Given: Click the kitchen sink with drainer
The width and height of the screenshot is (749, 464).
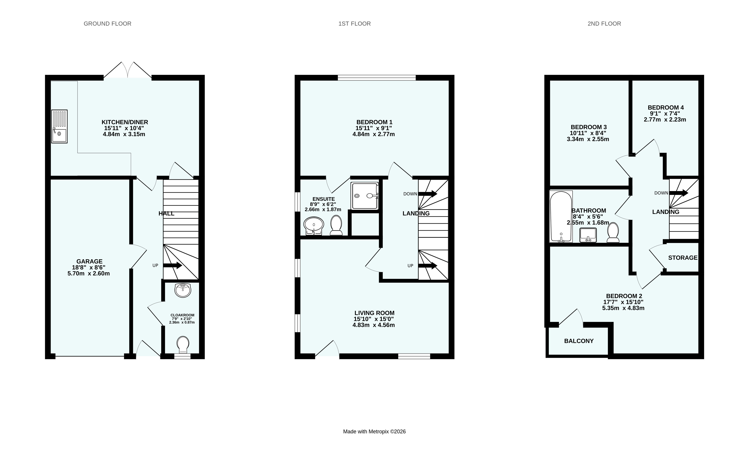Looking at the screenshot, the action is (x=59, y=126).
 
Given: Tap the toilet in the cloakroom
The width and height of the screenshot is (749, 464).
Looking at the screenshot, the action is (x=183, y=345).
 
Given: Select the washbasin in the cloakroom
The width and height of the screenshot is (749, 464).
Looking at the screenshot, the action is (x=183, y=290).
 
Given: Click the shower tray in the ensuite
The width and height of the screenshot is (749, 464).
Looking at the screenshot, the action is (x=365, y=196).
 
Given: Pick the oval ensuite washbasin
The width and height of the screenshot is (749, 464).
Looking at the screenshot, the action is (x=314, y=226).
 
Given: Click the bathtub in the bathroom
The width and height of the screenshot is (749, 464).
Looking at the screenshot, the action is (x=561, y=216).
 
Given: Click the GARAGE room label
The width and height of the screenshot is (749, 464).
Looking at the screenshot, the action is (x=89, y=261).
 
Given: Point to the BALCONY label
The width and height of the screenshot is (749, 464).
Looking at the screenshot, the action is (x=579, y=341).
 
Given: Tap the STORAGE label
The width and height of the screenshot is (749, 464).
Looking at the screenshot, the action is (x=683, y=258).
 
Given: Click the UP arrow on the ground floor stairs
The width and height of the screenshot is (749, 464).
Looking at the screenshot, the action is (x=173, y=266).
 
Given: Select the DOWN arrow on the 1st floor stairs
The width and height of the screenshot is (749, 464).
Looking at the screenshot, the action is (x=428, y=194).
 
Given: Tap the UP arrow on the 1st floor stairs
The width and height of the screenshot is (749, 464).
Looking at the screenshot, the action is (x=428, y=266).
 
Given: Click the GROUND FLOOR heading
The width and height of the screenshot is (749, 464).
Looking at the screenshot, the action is (x=107, y=24).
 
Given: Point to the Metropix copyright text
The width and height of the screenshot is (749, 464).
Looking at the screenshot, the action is (x=374, y=432).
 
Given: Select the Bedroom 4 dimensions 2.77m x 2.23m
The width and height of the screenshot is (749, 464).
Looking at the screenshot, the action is (x=665, y=120).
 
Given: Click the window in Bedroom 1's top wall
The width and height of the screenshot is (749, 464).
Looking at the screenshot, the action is (x=377, y=78).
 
